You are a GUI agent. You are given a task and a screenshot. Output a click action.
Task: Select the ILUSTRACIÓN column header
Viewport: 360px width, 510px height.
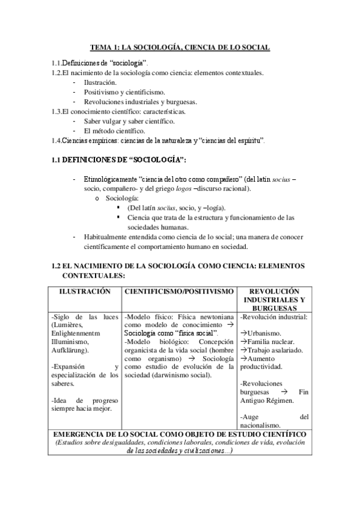(x=84, y=291)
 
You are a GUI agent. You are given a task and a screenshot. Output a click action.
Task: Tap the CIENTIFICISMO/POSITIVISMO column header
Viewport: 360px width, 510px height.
(x=178, y=291)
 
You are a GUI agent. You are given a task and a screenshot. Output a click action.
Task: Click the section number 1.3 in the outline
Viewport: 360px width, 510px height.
(x=57, y=112)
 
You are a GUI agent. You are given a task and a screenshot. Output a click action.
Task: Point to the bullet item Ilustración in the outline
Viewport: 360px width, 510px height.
(x=100, y=83)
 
